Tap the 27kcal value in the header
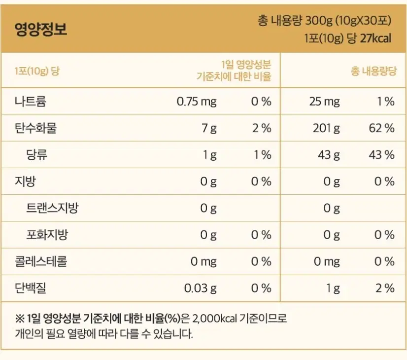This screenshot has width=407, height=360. [375, 38]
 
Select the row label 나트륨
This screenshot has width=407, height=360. [31, 101]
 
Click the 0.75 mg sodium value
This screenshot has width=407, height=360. [197, 102]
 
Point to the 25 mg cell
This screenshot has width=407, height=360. [324, 102]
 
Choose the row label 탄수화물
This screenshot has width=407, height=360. [35, 128]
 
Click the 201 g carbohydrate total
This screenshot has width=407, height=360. [326, 128]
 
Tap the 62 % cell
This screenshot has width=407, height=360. [381, 128]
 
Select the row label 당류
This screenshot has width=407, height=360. [37, 154]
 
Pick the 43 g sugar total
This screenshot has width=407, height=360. [329, 155]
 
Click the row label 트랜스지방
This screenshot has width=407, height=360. [52, 208]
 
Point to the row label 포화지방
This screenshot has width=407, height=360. [47, 235]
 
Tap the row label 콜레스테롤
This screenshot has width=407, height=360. [41, 261]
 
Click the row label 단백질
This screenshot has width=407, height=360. [31, 288]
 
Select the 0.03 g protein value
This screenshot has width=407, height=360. [200, 288]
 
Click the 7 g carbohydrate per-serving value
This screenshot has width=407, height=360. [209, 128]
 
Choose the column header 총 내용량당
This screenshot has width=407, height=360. [374, 71]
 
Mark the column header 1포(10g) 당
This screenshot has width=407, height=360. [37, 71]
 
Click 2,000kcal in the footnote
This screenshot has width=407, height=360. [215, 318]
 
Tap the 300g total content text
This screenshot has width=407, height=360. [319, 21]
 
